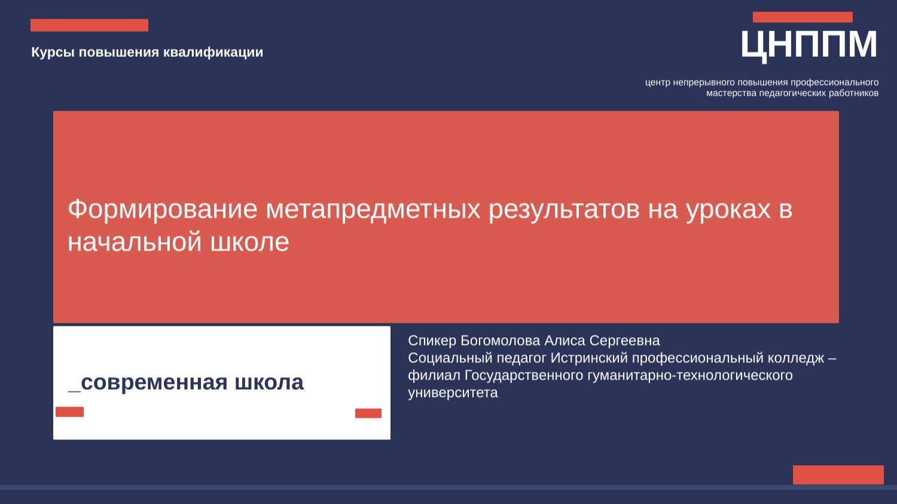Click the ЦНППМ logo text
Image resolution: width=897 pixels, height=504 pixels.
pyautogui.click(x=809, y=45)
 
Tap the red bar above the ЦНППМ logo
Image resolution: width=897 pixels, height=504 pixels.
pyautogui.click(x=803, y=17)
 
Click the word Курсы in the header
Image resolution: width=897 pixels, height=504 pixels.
pyautogui.click(x=53, y=53)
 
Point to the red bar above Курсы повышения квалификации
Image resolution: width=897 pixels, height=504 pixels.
pyautogui.click(x=89, y=25)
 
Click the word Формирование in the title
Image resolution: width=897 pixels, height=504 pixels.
pyautogui.click(x=163, y=209)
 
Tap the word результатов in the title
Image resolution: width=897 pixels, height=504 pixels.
pyautogui.click(x=564, y=209)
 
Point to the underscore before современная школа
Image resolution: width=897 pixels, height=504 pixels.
pyautogui.click(x=74, y=389)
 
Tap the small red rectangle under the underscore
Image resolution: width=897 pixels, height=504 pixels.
pyautogui.click(x=69, y=412)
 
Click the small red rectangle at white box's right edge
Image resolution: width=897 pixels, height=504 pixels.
pyautogui.click(x=368, y=413)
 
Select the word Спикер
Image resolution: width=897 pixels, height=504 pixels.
pyautogui.click(x=432, y=341)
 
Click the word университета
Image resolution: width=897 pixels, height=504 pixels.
pyautogui.click(x=453, y=393)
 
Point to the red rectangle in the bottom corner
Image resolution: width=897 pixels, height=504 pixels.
pyautogui.click(x=838, y=475)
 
